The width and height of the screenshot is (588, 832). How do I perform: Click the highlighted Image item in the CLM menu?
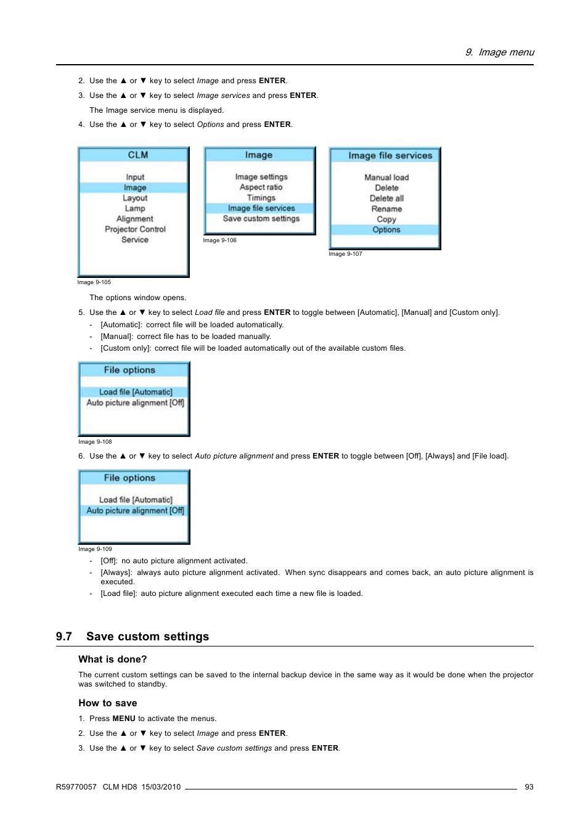[134, 188]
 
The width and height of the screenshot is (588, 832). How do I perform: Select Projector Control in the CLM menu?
[135, 229]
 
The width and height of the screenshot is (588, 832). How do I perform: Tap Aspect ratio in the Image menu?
[261, 187]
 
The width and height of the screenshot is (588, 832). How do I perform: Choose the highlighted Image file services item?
[261, 208]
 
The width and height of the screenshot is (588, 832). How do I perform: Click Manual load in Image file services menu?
[386, 177]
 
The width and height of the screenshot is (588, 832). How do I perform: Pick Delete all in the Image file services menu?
[386, 198]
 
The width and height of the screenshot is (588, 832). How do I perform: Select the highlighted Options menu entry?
[386, 230]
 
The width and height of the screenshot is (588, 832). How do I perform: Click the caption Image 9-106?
[219, 240]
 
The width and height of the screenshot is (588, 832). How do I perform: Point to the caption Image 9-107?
[345, 254]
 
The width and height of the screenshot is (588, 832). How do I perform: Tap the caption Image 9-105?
[94, 282]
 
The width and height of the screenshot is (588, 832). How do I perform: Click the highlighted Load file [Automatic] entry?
[136, 392]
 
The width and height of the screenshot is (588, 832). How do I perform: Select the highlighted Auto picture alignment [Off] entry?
[135, 511]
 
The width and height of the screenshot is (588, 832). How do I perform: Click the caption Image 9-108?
[95, 442]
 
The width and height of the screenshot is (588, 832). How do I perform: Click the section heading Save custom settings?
[147, 637]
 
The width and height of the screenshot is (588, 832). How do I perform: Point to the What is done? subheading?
[112, 659]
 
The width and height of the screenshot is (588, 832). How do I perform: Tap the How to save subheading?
[107, 703]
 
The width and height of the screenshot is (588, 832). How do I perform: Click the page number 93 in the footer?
[529, 787]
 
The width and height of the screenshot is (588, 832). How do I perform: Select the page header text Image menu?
[506, 52]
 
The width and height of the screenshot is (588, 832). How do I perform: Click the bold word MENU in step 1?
[123, 719]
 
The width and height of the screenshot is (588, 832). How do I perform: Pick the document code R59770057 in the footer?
[76, 787]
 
